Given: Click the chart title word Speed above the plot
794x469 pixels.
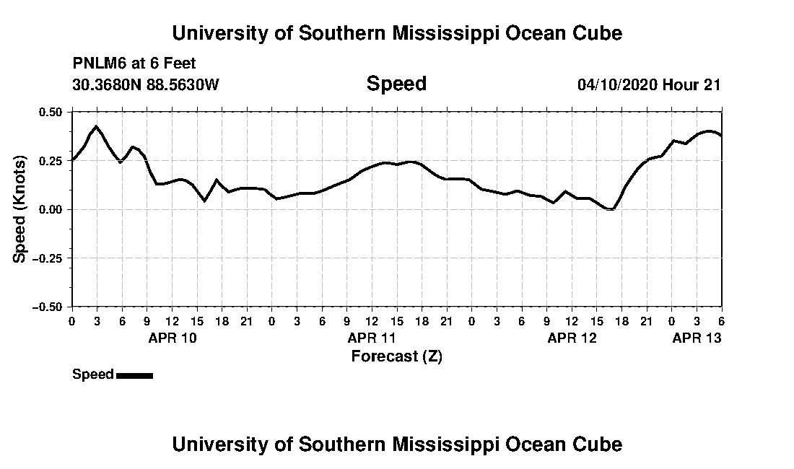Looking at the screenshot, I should (396, 84).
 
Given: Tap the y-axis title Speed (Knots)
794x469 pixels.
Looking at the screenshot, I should (20, 209).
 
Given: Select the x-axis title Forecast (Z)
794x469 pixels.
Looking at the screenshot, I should (396, 356).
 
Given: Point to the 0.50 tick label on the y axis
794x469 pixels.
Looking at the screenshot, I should (51, 112).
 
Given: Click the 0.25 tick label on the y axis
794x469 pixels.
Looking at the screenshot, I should (51, 161).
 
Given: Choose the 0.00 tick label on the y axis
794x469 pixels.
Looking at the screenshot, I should (51, 209).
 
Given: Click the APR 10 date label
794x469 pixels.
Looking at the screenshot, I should (172, 338).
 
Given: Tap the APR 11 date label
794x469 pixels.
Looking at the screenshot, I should (372, 338).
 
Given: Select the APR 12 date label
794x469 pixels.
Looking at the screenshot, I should (572, 338).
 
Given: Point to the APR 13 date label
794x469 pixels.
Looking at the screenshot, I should (697, 338).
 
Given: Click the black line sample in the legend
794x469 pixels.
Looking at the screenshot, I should (134, 375).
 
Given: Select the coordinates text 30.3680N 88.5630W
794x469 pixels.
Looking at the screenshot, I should (146, 84).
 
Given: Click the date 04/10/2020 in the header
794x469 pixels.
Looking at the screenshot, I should (616, 84).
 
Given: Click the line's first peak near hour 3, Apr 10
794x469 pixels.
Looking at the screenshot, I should (96, 126).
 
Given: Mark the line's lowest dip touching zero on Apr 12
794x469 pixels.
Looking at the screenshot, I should (611, 209).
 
